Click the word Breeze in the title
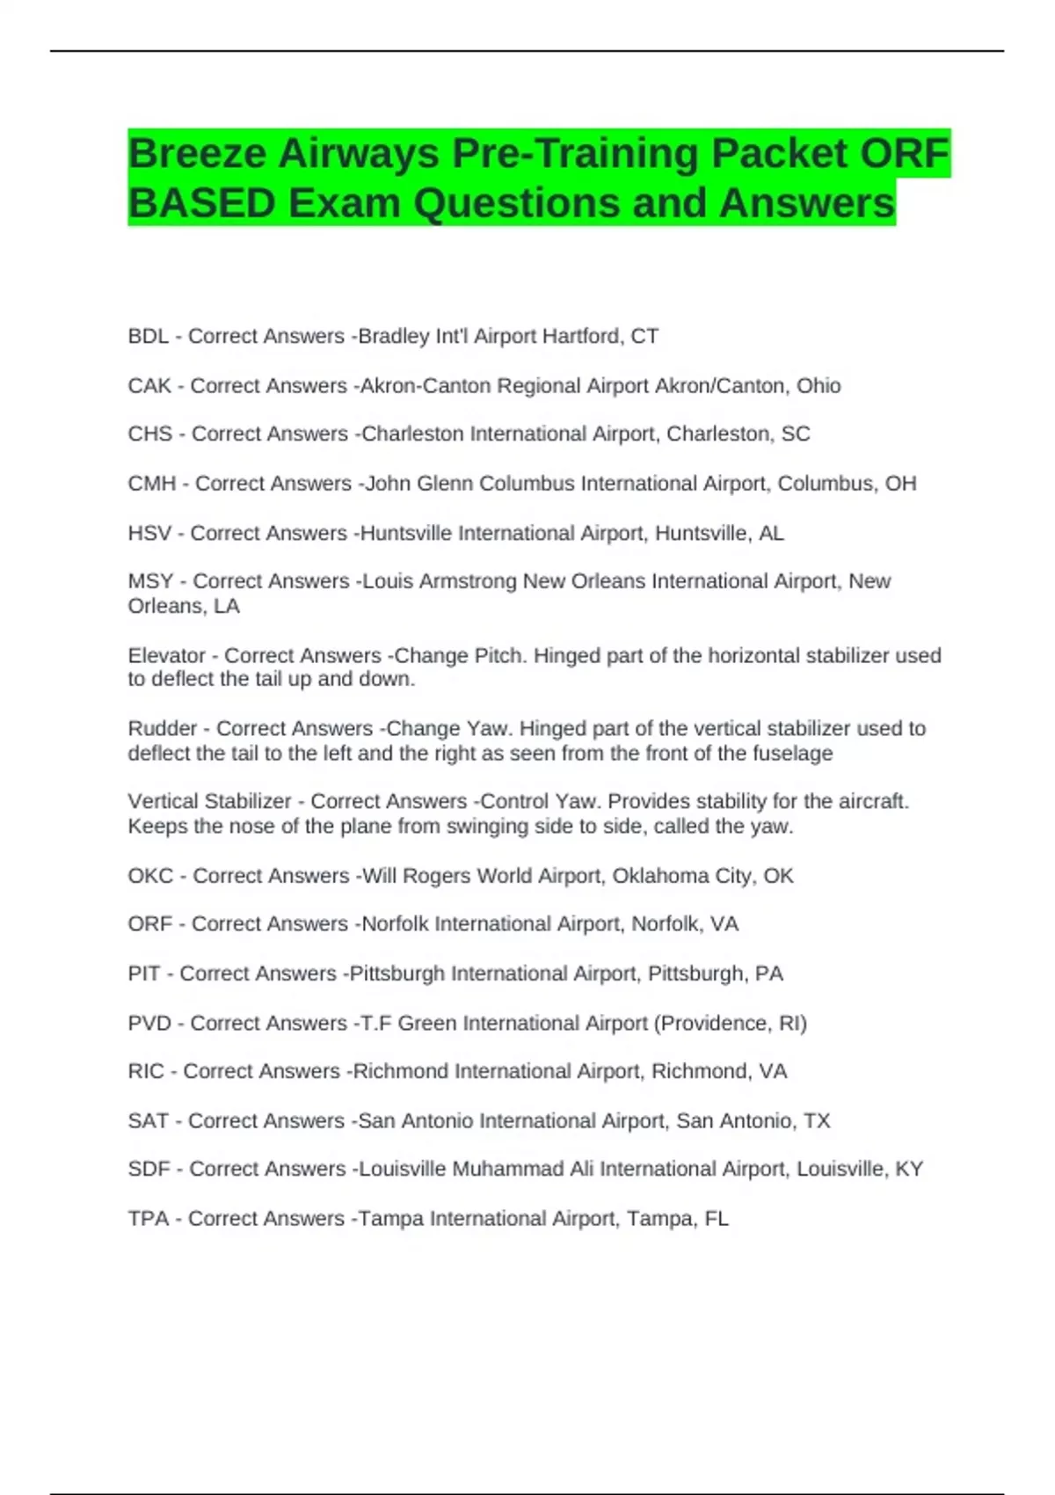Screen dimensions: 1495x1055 (197, 154)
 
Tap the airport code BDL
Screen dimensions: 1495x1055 (148, 336)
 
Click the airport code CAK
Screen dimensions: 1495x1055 (149, 385)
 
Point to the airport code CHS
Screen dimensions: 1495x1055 (149, 434)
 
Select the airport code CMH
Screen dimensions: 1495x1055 (151, 484)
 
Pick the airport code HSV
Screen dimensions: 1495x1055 (149, 533)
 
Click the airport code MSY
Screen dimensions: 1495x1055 (150, 581)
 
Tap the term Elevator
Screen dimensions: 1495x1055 (166, 655)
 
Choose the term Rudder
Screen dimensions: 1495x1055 (162, 728)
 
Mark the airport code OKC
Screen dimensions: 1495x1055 (150, 876)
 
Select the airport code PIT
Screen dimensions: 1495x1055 (144, 974)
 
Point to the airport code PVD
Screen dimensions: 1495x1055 (149, 1023)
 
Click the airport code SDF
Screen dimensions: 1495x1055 (149, 1169)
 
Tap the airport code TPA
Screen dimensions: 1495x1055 (148, 1218)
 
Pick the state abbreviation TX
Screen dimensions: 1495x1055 (817, 1120)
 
